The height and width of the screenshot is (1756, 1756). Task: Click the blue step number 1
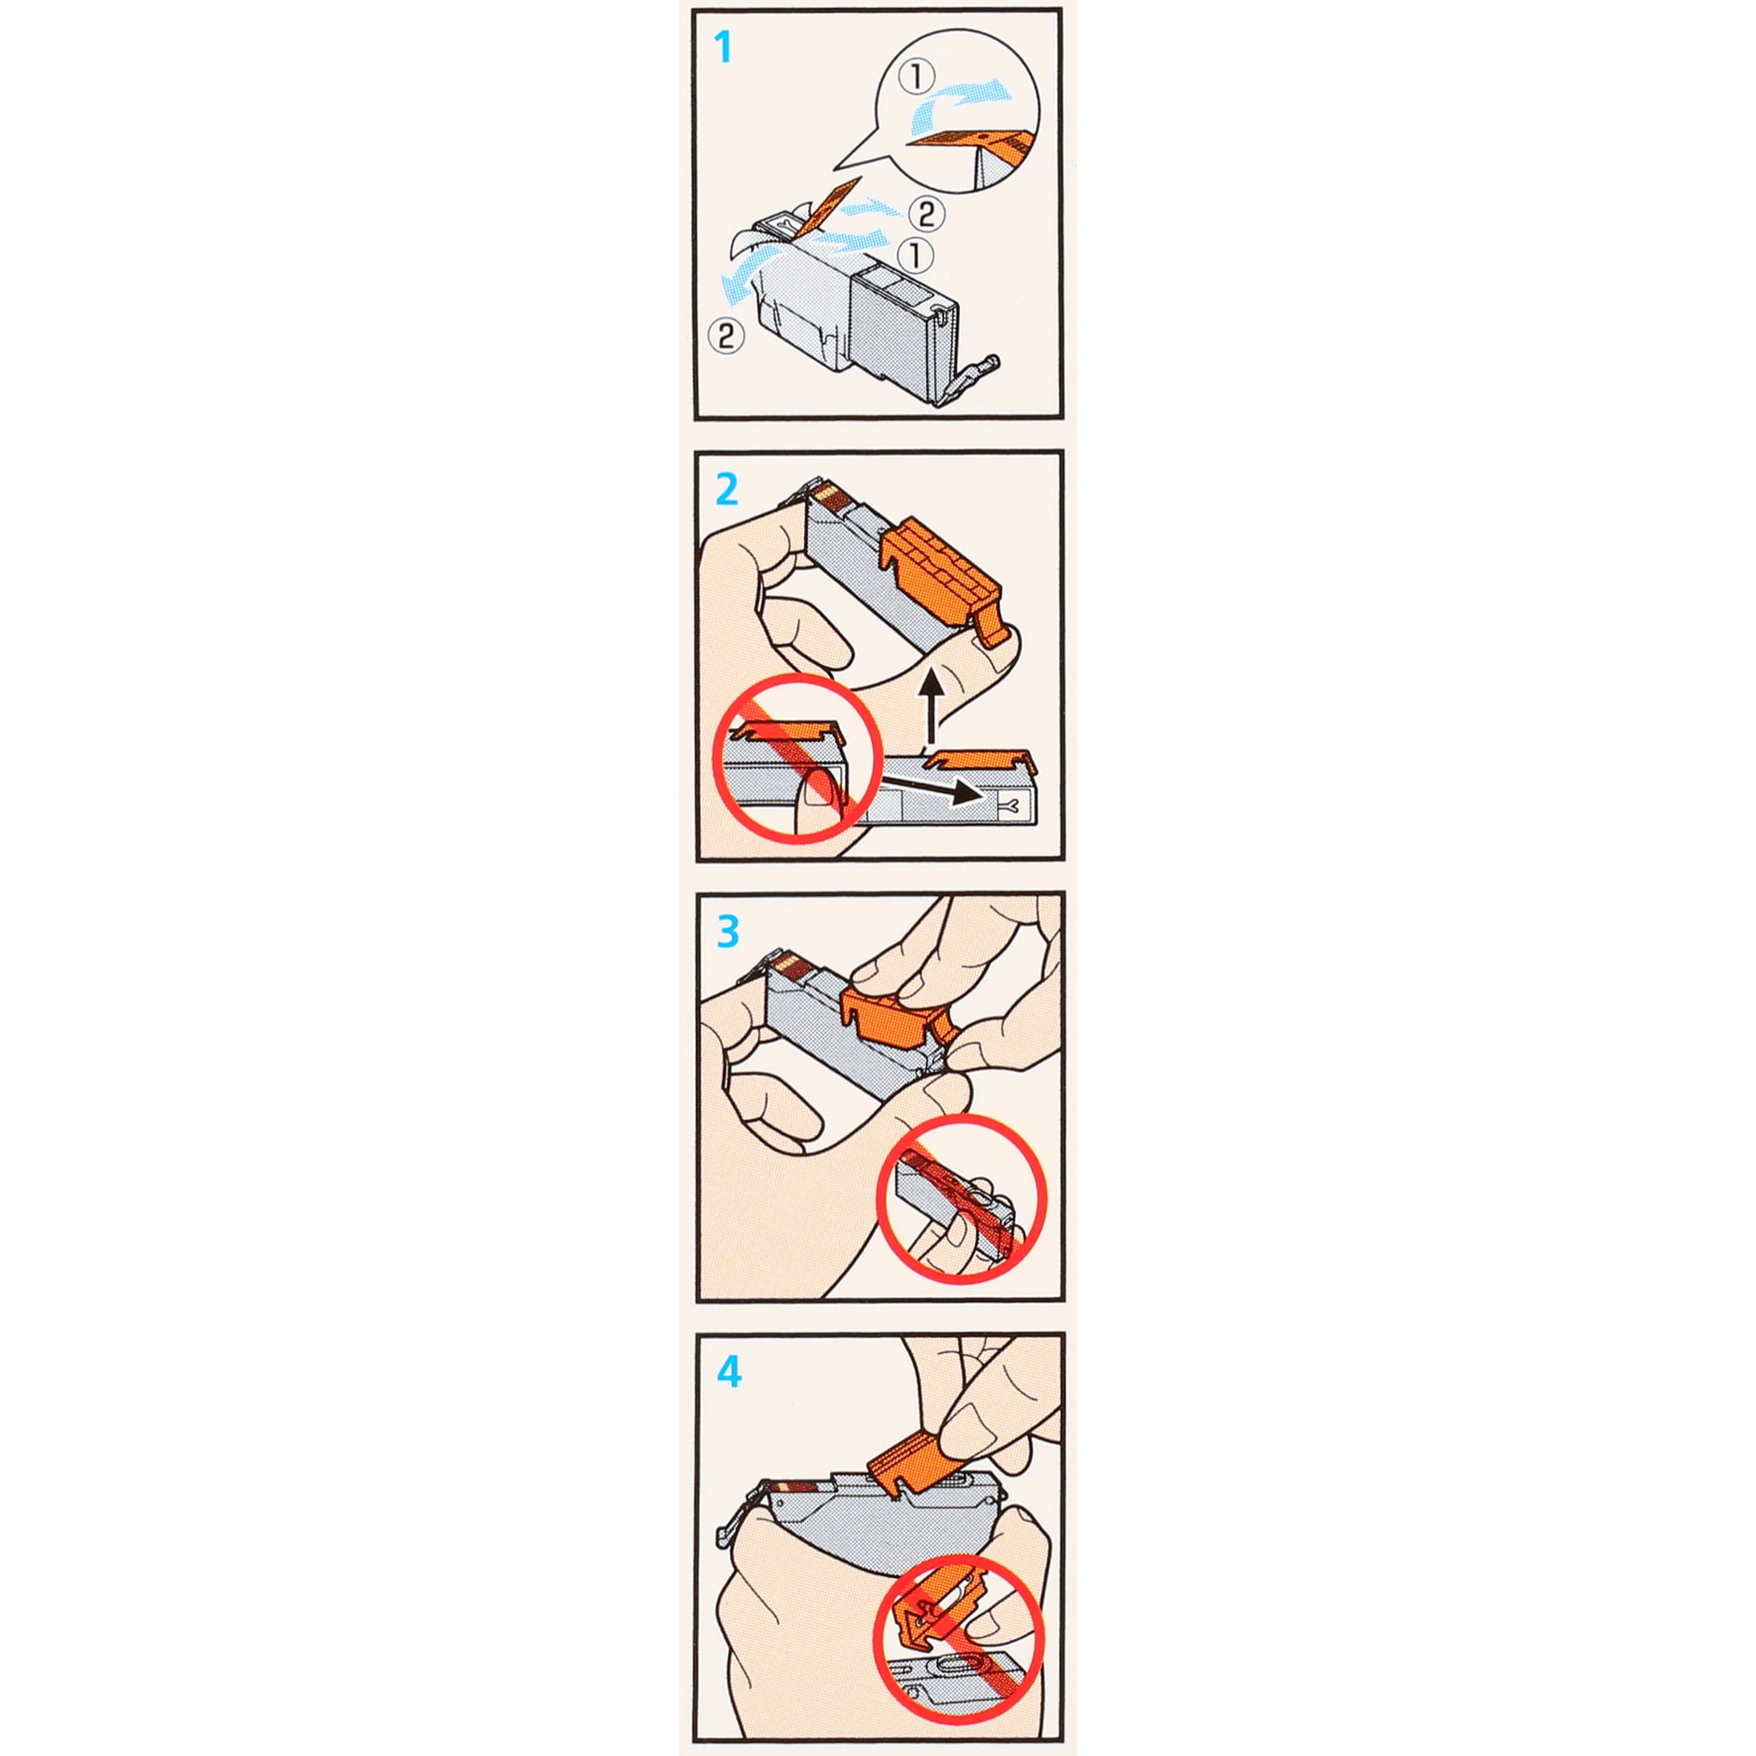pos(723,47)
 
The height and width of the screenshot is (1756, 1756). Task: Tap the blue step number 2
pos(727,490)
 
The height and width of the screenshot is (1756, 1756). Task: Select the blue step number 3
pos(728,931)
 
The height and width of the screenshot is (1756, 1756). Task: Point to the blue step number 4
pos(729,1371)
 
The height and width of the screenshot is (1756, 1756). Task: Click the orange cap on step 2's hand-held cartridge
pos(945,582)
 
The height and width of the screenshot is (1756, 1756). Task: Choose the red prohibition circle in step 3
pos(962,1198)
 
